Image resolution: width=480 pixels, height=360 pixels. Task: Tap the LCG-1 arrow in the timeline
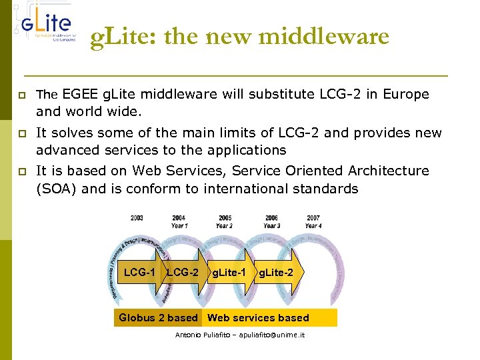(140, 272)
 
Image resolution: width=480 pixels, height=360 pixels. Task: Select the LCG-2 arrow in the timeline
(182, 272)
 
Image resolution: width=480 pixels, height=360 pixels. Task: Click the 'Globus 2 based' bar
(158, 318)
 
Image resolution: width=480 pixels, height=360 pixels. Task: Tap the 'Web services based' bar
(259, 318)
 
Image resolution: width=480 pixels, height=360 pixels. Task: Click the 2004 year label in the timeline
(179, 218)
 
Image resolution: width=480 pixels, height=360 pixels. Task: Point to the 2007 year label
(313, 218)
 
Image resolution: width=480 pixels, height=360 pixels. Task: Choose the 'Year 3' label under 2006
(271, 225)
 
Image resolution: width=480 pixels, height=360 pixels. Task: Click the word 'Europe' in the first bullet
(407, 95)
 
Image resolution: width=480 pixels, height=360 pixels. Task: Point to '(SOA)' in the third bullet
(57, 189)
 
